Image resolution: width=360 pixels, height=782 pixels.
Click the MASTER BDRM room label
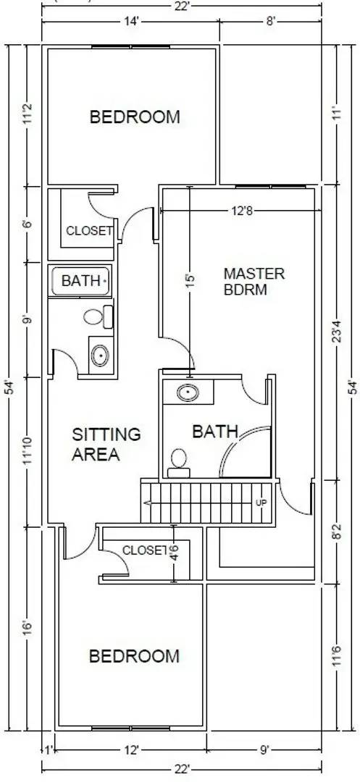coord(254,282)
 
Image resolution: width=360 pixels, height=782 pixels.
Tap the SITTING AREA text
coord(106,445)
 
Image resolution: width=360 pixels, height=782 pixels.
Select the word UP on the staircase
coord(261,502)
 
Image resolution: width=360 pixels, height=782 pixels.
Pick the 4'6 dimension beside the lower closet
coord(174,555)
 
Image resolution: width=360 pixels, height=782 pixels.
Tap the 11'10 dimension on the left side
coord(27,451)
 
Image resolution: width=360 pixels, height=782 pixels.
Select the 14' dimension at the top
coord(131,22)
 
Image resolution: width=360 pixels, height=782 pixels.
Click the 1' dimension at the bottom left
coord(48,750)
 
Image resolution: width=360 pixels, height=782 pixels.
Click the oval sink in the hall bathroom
coord(100,356)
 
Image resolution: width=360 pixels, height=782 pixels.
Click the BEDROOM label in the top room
coord(134,117)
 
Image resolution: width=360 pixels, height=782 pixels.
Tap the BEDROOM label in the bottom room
coord(134,656)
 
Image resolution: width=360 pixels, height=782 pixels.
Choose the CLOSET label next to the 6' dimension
coord(89,231)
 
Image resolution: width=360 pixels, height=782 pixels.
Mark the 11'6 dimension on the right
coord(335,656)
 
